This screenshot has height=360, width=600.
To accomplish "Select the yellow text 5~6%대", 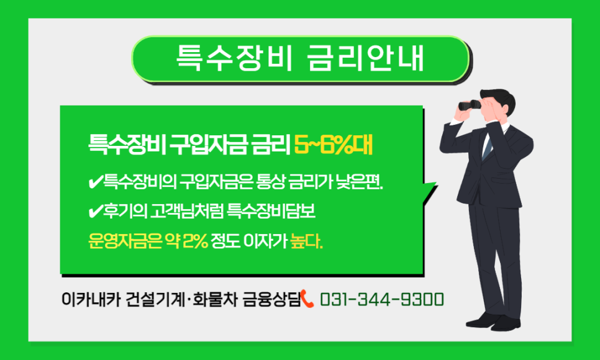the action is [334, 145].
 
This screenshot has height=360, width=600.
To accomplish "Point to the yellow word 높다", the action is [306, 241].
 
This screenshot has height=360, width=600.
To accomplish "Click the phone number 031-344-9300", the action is [382, 300].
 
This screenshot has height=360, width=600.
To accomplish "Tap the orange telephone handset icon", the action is [307, 299].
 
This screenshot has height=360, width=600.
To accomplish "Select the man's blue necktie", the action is [487, 146].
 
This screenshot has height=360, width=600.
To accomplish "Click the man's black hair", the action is [499, 98].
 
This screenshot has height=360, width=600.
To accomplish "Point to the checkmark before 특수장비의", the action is [94, 182].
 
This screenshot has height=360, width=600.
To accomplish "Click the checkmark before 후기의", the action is [94, 212].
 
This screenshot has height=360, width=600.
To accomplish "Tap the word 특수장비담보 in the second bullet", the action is [271, 212].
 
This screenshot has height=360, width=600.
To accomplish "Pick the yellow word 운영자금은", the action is [125, 241].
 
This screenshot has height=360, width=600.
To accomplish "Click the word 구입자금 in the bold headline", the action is [208, 145].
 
